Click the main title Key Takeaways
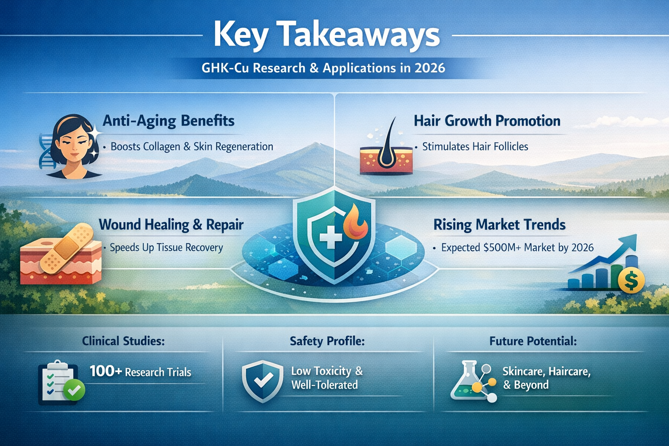click(327, 35)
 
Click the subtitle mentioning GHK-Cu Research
click(323, 68)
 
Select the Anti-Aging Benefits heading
click(168, 121)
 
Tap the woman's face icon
click(73, 146)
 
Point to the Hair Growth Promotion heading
click(487, 121)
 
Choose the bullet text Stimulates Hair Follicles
click(475, 147)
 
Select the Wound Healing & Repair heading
click(171, 225)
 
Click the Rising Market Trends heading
click(499, 225)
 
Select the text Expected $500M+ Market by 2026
click(517, 248)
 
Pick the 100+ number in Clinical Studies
click(105, 371)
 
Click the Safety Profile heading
click(327, 341)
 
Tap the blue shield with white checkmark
click(262, 381)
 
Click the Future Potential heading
click(533, 341)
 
